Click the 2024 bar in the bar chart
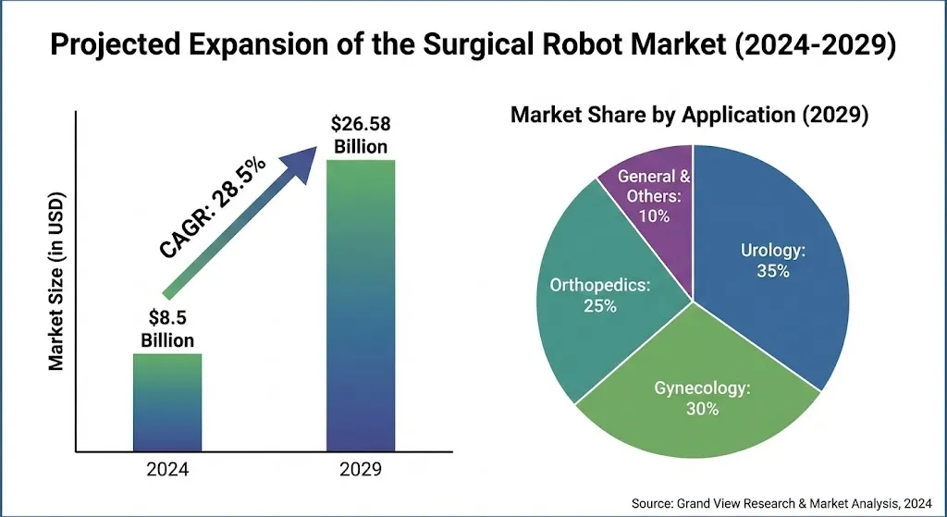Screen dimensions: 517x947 pyautogui.click(x=167, y=402)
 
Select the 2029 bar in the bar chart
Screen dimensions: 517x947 pyautogui.click(x=361, y=305)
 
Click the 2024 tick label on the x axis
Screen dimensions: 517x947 pyautogui.click(x=167, y=471)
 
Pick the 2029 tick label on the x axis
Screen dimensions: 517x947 pyautogui.click(x=361, y=471)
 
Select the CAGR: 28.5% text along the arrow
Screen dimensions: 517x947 pyautogui.click(x=213, y=208)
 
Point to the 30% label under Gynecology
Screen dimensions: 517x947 pyautogui.click(x=703, y=409)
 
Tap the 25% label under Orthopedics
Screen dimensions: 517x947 pyautogui.click(x=599, y=305)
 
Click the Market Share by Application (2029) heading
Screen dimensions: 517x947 pyautogui.click(x=689, y=116)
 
